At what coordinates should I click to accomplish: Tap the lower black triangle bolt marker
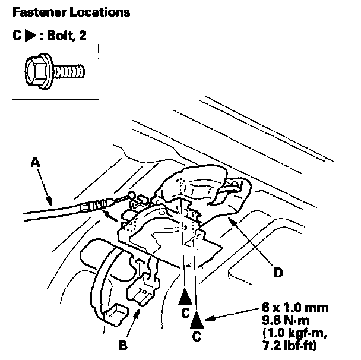(197, 322)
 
